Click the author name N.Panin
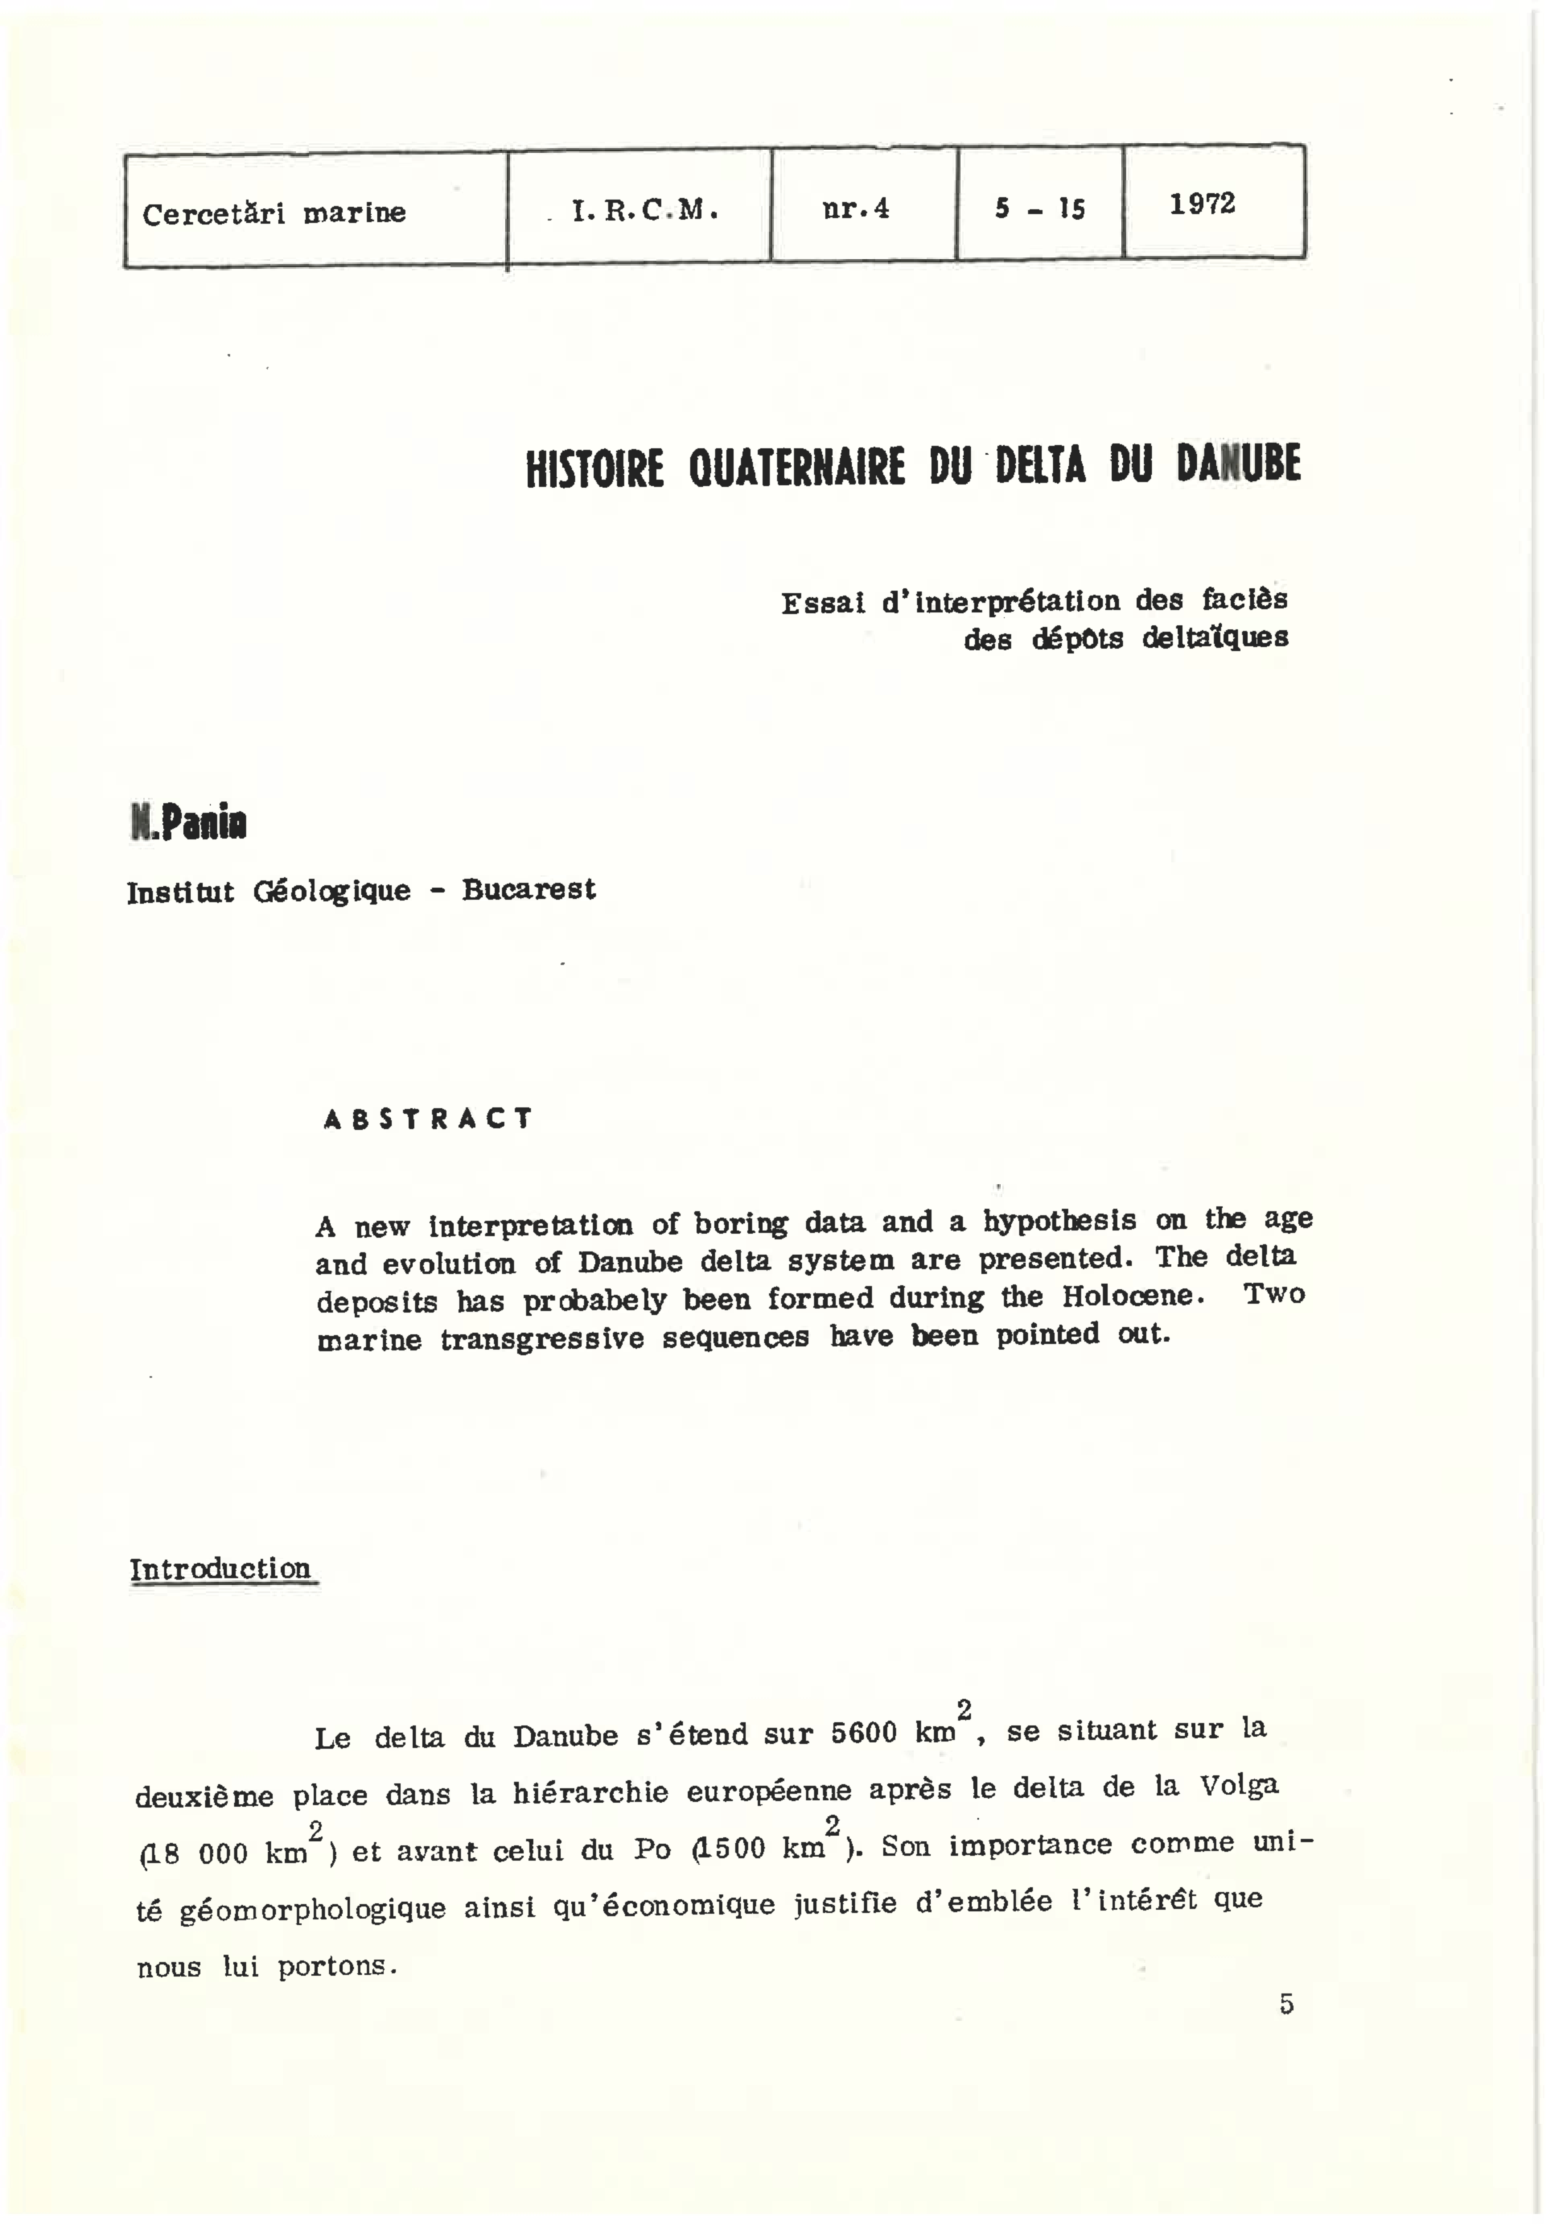(x=189, y=823)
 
